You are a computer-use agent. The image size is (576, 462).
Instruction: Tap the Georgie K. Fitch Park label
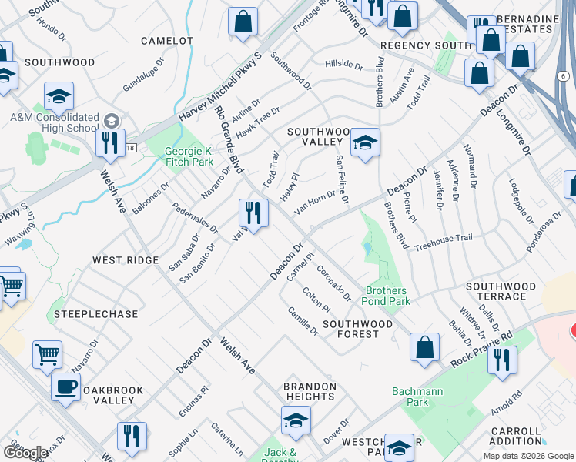pos(189,157)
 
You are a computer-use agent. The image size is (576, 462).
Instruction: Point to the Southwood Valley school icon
pos(365,142)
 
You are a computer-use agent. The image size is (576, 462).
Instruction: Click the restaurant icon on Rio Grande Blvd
pos(253,212)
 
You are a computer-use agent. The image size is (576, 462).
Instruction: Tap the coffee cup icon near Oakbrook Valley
pos(66,387)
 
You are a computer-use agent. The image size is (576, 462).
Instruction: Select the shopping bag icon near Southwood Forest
pos(424,347)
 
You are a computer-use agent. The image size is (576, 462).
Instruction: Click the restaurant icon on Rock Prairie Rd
pos(502,360)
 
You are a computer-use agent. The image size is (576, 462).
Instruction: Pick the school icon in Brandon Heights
pos(295,420)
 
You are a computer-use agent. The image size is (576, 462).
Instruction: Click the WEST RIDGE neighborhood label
pos(126,260)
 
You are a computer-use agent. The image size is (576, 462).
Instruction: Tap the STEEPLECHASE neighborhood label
pos(95,314)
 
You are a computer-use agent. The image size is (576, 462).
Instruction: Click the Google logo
pos(25,453)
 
